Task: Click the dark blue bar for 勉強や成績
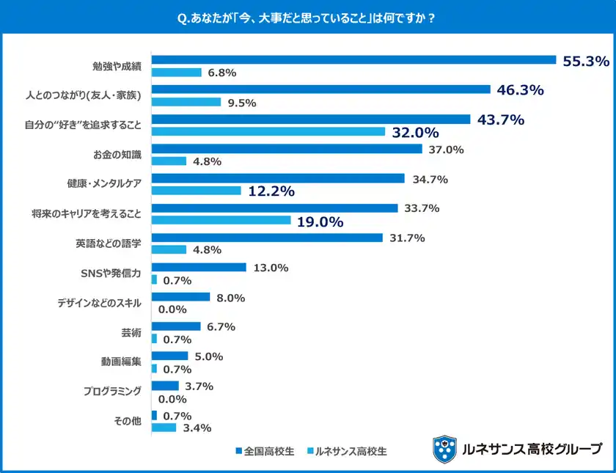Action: point(353,60)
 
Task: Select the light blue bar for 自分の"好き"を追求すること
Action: point(268,131)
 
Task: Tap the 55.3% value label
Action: point(585,62)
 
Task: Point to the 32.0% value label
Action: point(415,133)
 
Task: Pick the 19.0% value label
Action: point(320,221)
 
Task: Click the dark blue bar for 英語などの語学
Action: point(266,238)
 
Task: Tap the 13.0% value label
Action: point(270,268)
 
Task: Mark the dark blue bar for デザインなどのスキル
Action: point(173,297)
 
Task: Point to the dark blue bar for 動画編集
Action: point(169,356)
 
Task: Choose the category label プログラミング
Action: point(111,391)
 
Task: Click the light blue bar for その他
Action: point(164,428)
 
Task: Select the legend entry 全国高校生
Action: point(265,451)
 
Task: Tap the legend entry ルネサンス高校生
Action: point(347,451)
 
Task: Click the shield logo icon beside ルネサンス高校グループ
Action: point(444,448)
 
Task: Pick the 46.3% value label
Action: point(520,91)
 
